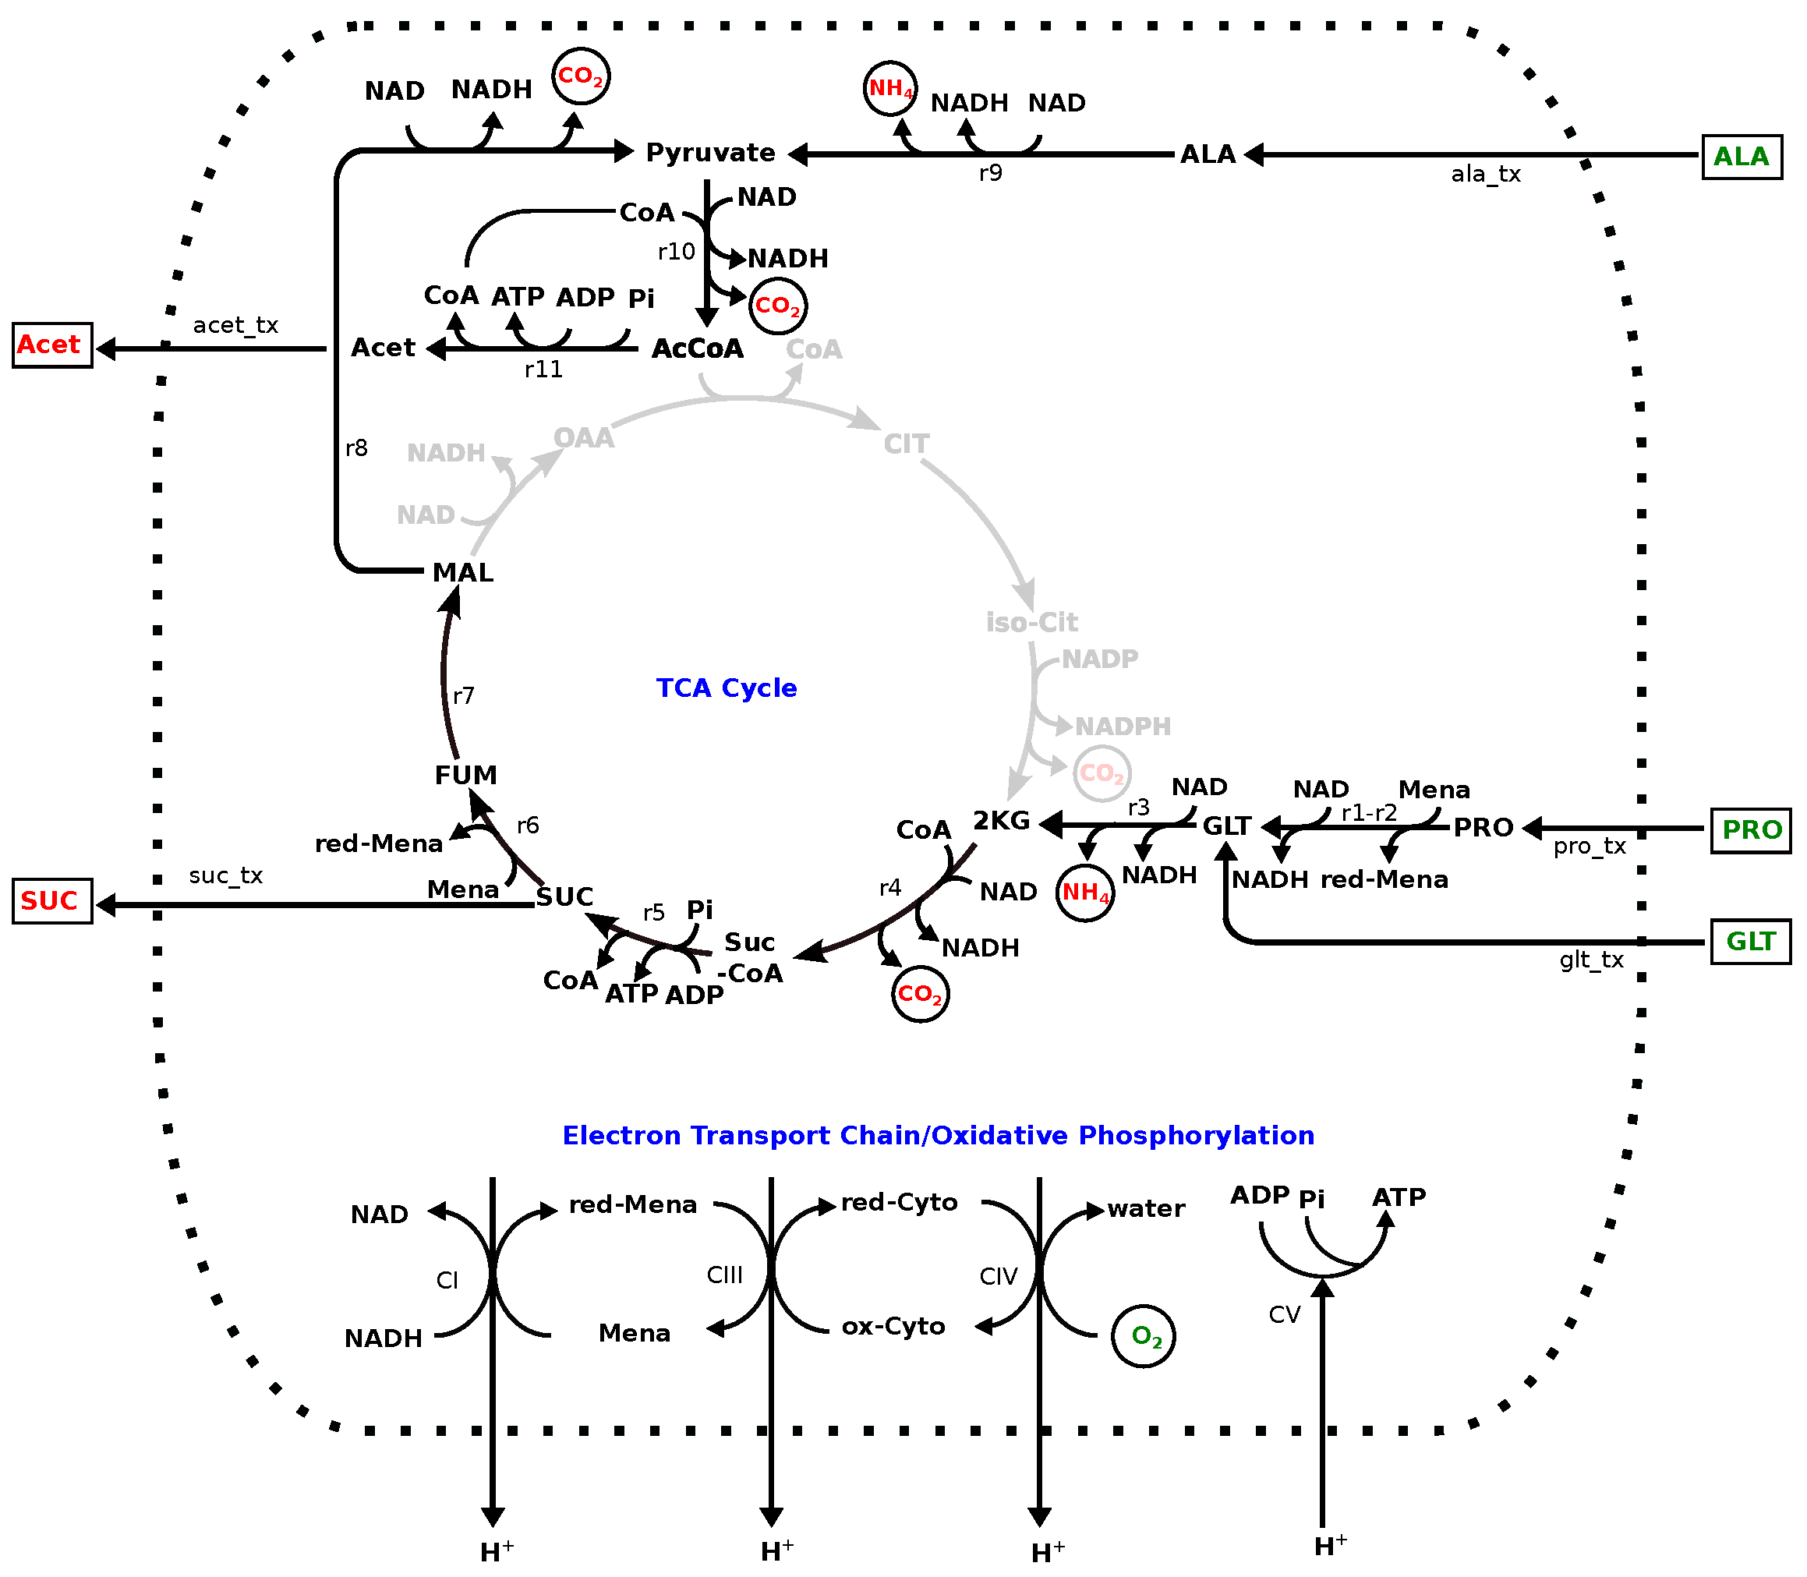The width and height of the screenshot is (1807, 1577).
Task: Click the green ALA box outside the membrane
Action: pos(1740,157)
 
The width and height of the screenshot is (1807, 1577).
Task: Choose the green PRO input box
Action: pos(1750,830)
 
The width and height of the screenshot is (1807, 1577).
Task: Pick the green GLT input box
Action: pos(1750,941)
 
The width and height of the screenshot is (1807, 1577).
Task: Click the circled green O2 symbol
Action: pos(1143,1336)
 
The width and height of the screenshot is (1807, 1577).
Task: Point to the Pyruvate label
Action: pos(710,153)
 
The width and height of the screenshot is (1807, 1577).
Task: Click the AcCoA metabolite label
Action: pos(697,348)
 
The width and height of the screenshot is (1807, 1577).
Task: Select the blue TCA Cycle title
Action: pos(726,688)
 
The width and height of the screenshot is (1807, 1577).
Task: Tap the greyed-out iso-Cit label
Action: pos(1031,622)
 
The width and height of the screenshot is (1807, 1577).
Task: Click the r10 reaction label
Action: pos(676,252)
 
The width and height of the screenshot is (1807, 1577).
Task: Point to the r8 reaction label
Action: pos(356,448)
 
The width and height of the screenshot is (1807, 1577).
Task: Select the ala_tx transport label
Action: pos(1485,175)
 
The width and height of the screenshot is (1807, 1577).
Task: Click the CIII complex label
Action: pos(724,1275)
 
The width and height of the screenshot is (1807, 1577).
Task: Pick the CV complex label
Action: pos(1284,1315)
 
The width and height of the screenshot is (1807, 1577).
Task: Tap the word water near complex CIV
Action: pos(1145,1208)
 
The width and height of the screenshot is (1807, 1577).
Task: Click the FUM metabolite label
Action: pos(465,776)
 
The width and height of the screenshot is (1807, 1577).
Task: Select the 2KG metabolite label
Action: pos(1001,820)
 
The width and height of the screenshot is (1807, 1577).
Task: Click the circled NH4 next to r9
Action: pos(889,88)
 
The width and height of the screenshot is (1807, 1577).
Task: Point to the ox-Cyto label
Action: pos(893,1326)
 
